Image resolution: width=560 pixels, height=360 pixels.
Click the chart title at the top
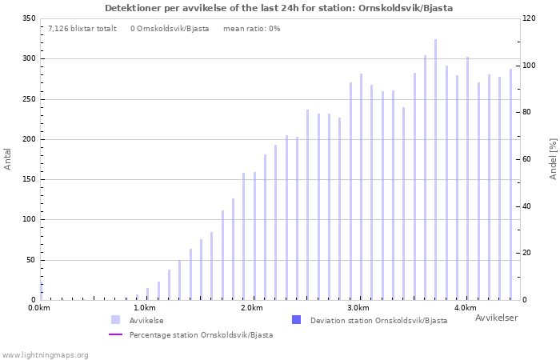click(x=278, y=8)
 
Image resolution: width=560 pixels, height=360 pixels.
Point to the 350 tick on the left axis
click(x=29, y=18)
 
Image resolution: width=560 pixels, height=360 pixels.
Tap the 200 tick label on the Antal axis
click(x=29, y=139)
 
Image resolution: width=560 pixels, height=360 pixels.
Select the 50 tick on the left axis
click(x=31, y=260)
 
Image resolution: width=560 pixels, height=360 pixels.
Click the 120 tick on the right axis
click(x=530, y=18)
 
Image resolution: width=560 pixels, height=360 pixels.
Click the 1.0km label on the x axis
click(x=145, y=308)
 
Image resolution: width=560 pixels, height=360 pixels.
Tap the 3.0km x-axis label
click(x=358, y=308)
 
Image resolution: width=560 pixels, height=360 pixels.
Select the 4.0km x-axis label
click(x=465, y=308)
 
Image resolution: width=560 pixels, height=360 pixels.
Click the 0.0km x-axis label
click(x=39, y=308)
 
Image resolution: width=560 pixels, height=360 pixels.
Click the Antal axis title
click(x=8, y=158)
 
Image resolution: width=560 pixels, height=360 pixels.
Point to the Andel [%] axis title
click(x=553, y=158)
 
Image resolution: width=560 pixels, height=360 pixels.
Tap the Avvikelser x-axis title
click(x=496, y=318)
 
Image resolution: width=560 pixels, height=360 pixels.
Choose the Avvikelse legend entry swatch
click(x=116, y=320)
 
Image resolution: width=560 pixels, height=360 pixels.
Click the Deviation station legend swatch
click(x=297, y=320)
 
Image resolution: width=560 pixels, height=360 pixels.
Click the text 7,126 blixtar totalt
click(x=82, y=29)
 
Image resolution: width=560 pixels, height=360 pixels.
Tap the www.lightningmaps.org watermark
click(x=45, y=354)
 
